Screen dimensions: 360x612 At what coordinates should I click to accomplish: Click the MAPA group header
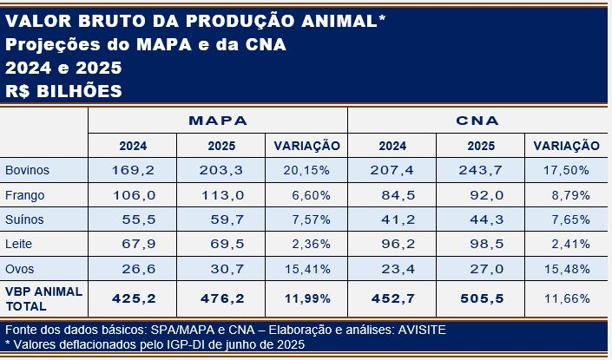(218, 121)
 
